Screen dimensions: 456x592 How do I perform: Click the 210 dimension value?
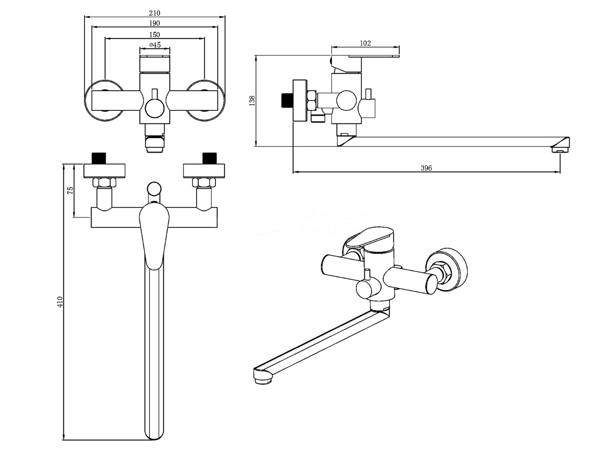tap(154, 13)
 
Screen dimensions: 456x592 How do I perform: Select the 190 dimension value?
tap(154, 23)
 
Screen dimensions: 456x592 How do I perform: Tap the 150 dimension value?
tap(154, 34)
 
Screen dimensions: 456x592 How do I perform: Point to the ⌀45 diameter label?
tap(154, 44)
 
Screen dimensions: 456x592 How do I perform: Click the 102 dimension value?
tap(365, 43)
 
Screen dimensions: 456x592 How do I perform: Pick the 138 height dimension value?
tap(252, 100)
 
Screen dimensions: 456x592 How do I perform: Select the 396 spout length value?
tap(426, 168)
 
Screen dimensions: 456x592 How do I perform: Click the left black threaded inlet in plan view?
tap(98, 158)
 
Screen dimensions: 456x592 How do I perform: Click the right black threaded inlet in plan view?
tap(209, 158)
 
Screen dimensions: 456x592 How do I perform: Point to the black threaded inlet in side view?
tap(285, 100)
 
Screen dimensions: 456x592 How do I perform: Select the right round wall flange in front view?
tap(206, 100)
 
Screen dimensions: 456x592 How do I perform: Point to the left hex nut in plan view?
tap(104, 182)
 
